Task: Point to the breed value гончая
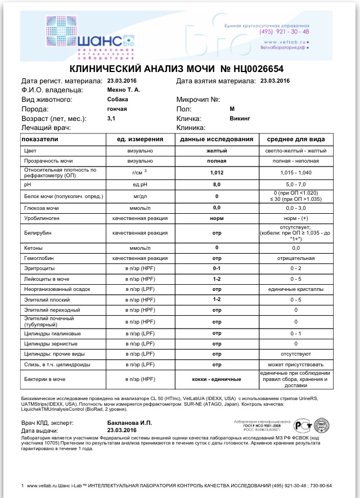click(x=117, y=109)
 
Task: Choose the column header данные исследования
click(x=216, y=140)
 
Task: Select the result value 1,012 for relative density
click(x=216, y=173)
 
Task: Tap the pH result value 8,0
click(x=216, y=185)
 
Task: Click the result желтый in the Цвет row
click(x=216, y=151)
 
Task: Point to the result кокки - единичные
click(x=216, y=379)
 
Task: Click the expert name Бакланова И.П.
click(x=129, y=422)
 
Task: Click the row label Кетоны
click(x=33, y=248)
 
